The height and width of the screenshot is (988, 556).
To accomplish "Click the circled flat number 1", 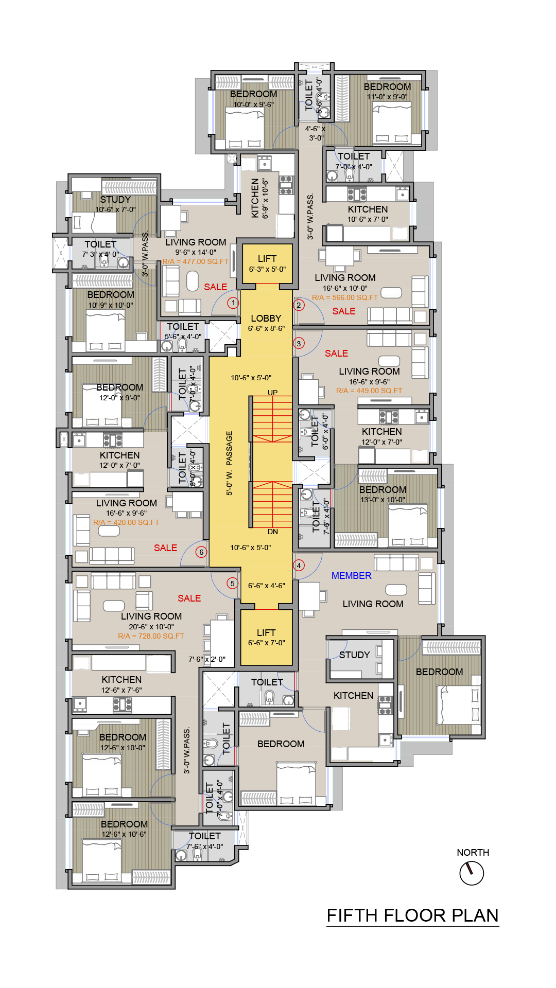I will click(x=233, y=303).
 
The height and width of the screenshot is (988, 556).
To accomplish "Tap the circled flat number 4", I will click(x=299, y=566).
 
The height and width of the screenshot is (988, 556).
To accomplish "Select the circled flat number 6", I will click(x=201, y=552).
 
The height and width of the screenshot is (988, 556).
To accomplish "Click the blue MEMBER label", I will click(x=351, y=576).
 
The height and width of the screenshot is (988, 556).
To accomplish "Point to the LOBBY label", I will click(x=266, y=319).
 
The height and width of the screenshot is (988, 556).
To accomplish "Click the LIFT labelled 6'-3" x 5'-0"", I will click(x=267, y=259).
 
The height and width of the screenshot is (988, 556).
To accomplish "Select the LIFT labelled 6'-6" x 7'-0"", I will click(x=266, y=633).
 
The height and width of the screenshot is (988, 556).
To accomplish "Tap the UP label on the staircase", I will click(x=272, y=393).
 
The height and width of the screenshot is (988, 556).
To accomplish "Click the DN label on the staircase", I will click(x=273, y=532).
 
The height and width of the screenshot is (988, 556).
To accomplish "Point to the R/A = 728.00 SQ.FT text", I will click(x=151, y=636).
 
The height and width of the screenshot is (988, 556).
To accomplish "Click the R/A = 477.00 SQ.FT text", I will click(x=196, y=261).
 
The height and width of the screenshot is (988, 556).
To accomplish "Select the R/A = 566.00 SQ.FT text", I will click(x=345, y=297).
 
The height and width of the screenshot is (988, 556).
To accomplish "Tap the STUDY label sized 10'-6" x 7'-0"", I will click(x=115, y=200).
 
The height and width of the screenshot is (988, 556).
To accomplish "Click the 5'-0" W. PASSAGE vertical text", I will click(x=230, y=463).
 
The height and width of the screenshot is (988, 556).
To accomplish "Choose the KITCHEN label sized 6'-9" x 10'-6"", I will click(x=255, y=198).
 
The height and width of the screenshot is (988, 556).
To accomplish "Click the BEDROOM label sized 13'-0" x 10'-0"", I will click(x=383, y=490).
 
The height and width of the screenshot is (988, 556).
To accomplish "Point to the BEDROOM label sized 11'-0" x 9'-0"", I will click(x=387, y=87).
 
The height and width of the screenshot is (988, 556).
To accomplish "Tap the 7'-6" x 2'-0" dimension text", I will click(x=207, y=659).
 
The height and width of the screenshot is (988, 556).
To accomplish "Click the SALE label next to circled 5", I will click(x=189, y=598).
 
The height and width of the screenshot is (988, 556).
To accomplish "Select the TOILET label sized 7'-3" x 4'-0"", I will click(x=100, y=244).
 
